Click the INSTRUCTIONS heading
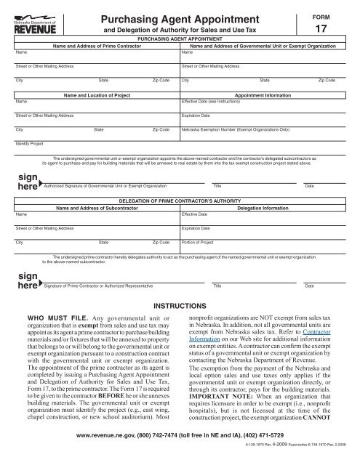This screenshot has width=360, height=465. click(180, 307)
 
